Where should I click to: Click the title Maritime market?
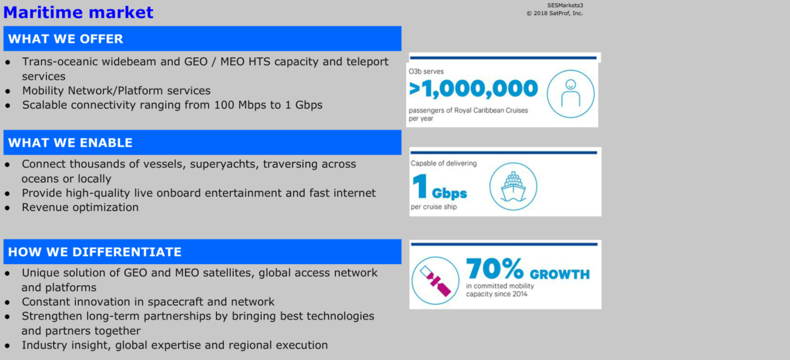pyautogui.click(x=78, y=12)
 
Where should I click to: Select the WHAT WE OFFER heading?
pyautogui.click(x=66, y=39)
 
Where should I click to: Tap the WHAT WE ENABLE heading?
pyautogui.click(x=70, y=143)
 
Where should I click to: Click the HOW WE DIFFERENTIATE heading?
pyautogui.click(x=95, y=251)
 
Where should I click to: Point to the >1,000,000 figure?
pyautogui.click(x=473, y=88)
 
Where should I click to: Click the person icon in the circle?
pyautogui.click(x=570, y=93)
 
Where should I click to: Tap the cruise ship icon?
pyautogui.click(x=514, y=186)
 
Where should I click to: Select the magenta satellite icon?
pyautogui.click(x=435, y=280)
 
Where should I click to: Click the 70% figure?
pyautogui.click(x=495, y=268)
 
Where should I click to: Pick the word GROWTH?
pyautogui.click(x=560, y=274)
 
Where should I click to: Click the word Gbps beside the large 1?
pyautogui.click(x=449, y=193)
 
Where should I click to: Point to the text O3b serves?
pyautogui.click(x=426, y=71)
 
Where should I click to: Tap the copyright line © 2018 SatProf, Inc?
pyautogui.click(x=555, y=13)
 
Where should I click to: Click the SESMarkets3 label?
pyautogui.click(x=565, y=5)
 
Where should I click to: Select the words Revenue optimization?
pyautogui.click(x=80, y=207)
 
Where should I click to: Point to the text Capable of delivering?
pyautogui.click(x=444, y=163)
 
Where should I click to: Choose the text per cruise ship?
pyautogui.click(x=434, y=207)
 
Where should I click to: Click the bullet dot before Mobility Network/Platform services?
pyautogui.click(x=8, y=91)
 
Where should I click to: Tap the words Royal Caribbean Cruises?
pyautogui.click(x=491, y=110)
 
